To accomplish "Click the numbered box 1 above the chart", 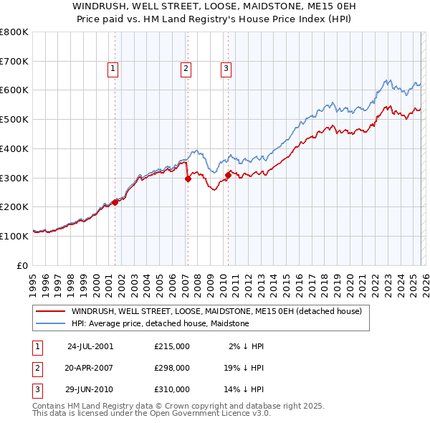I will click(113, 69).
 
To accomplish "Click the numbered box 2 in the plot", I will click(186, 69).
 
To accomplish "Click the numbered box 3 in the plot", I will click(226, 69).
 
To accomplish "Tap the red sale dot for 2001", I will click(115, 203).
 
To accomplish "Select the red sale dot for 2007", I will click(188, 179).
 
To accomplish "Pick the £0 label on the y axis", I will click(23, 265).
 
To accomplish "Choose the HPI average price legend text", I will click(160, 323).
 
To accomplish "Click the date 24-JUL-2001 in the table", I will click(90, 346).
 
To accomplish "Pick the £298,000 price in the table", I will click(172, 368).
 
